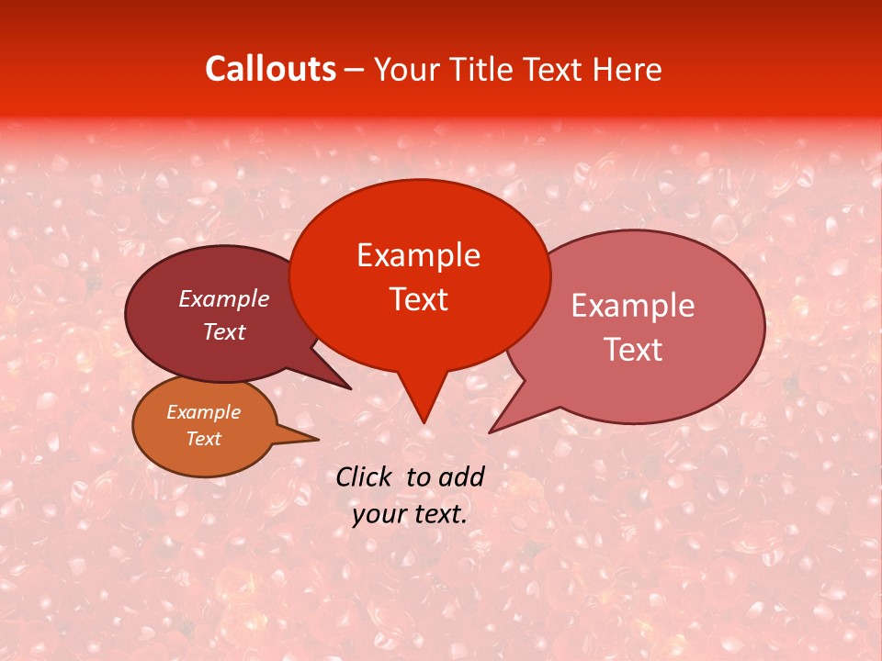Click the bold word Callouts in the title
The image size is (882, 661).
click(270, 69)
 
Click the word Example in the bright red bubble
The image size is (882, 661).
click(418, 255)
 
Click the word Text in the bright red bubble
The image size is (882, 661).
click(418, 299)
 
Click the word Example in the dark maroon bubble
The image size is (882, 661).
click(223, 298)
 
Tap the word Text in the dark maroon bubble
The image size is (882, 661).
click(223, 331)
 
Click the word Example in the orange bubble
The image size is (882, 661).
click(203, 412)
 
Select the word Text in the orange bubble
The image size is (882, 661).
click(203, 439)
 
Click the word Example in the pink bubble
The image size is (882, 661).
click(632, 306)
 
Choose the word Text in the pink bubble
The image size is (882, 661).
click(632, 349)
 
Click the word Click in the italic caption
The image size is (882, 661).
click(365, 476)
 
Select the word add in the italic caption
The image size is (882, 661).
click(460, 476)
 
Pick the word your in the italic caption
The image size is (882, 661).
click(377, 514)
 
